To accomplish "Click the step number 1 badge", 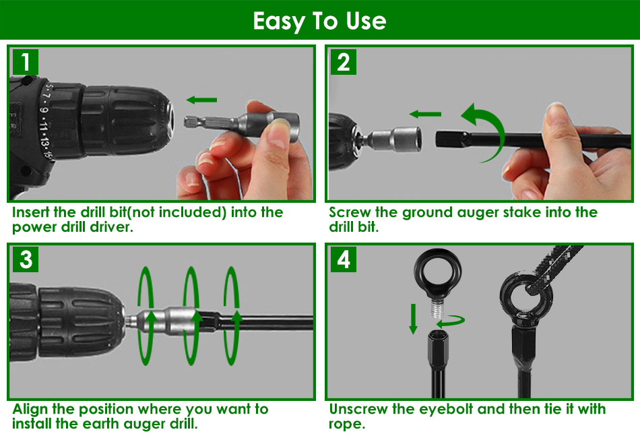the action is [x=26, y=62].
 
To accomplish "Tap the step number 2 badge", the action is [x=344, y=62].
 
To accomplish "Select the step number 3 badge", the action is [x=26, y=259].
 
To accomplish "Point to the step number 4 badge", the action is [x=344, y=259].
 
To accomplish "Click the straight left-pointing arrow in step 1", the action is [x=201, y=100].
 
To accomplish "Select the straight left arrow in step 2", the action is [x=425, y=115].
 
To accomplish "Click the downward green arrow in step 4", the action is [x=414, y=319].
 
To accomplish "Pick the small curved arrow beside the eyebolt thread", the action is [x=451, y=321].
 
